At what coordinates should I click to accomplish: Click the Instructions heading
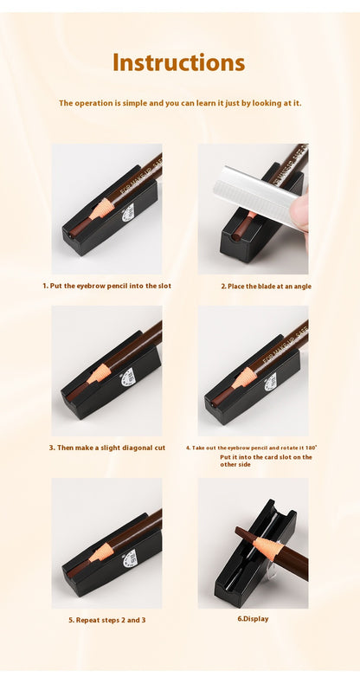tap(178, 62)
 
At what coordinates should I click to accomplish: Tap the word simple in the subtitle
tap(135, 103)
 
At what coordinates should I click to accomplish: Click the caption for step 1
tap(107, 286)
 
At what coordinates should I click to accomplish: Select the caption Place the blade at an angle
tap(266, 286)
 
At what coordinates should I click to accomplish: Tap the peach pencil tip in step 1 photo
tap(100, 208)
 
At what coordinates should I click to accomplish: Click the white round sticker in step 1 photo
tap(128, 210)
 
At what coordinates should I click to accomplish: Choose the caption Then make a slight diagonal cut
tap(107, 448)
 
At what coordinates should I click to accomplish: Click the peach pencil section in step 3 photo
tap(98, 374)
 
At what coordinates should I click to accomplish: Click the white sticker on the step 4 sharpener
tap(271, 381)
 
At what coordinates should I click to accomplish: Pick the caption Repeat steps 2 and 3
tap(107, 620)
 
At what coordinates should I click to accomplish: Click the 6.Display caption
tap(253, 619)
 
